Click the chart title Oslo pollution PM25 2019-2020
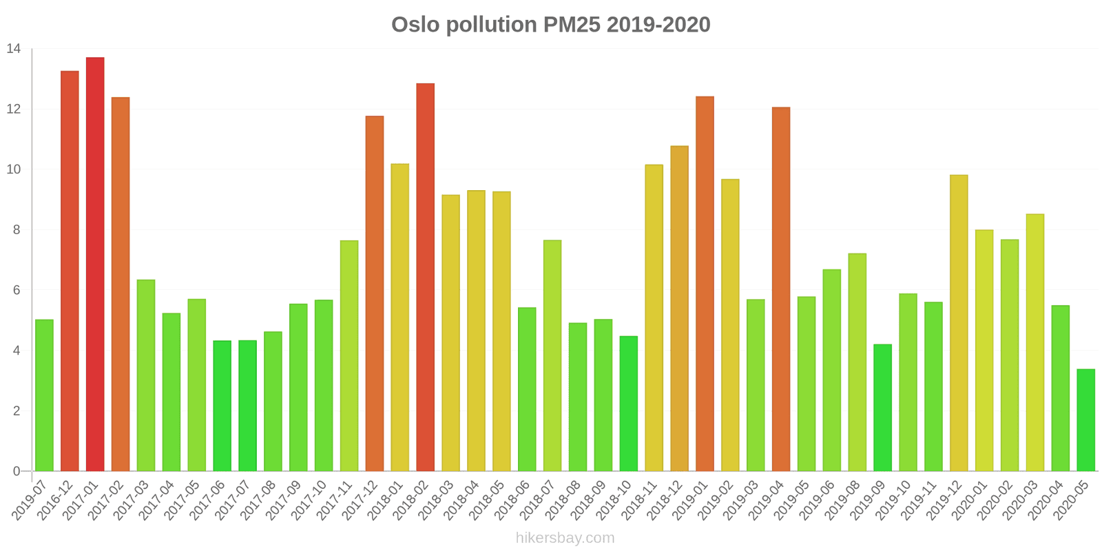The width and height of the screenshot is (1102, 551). click(x=550, y=25)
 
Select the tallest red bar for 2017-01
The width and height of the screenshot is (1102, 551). click(x=95, y=264)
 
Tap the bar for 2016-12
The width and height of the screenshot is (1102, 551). click(x=70, y=271)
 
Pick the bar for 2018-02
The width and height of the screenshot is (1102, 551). click(x=425, y=278)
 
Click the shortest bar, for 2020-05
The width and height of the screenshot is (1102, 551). click(x=1085, y=420)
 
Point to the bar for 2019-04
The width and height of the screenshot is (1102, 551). click(x=781, y=289)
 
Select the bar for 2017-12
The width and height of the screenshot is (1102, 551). click(x=375, y=293)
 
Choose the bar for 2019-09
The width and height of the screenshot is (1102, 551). click(x=882, y=408)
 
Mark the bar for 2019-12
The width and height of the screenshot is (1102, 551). click(x=959, y=323)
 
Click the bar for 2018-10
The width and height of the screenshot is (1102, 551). click(x=628, y=404)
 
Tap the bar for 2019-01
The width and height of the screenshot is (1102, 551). click(x=705, y=284)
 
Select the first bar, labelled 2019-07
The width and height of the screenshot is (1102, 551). click(x=44, y=395)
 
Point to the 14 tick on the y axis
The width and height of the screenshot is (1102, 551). click(x=14, y=49)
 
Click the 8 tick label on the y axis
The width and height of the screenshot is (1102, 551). click(x=16, y=230)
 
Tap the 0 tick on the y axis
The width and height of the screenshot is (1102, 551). click(x=16, y=472)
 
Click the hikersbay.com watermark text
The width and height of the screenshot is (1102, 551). click(x=565, y=538)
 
